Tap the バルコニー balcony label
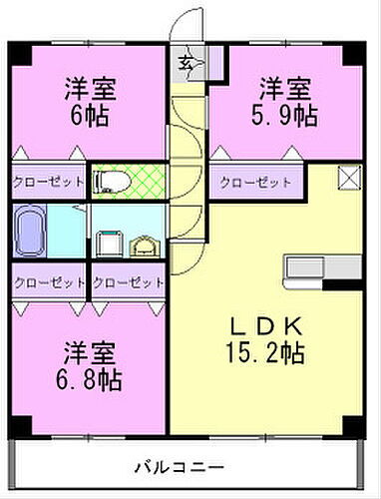(x=190, y=466)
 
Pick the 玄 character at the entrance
(x=187, y=65)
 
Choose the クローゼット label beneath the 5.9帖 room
(x=255, y=183)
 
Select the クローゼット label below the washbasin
(x=128, y=282)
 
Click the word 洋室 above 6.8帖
(x=91, y=351)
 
